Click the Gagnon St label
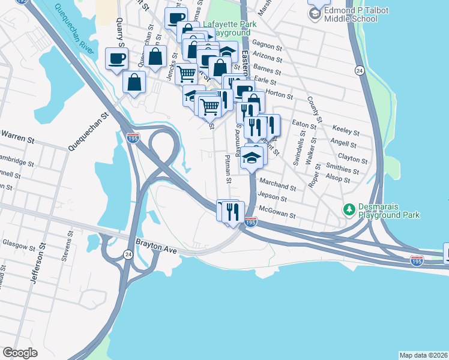click(x=267, y=46)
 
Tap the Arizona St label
click(x=267, y=58)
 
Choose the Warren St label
click(x=17, y=137)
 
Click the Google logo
click(x=20, y=353)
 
